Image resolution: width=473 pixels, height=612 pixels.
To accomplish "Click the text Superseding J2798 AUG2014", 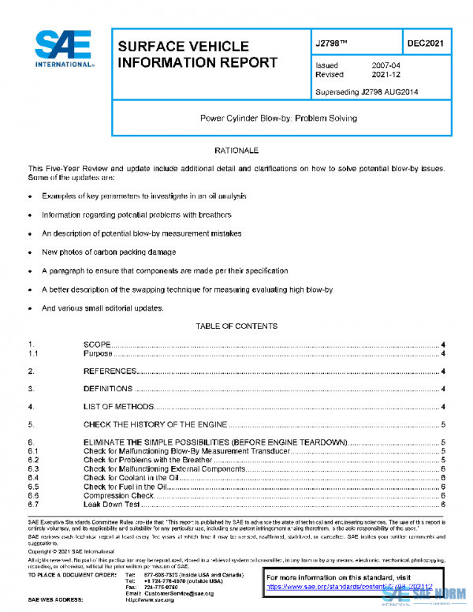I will pyautogui.click(x=367, y=92).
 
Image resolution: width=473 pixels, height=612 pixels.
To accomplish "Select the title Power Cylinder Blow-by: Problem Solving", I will pyautogui.click(x=279, y=118).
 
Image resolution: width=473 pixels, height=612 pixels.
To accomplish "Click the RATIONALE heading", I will pyautogui.click(x=236, y=150).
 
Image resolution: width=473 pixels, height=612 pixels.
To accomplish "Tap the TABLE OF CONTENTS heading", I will pyautogui.click(x=236, y=326).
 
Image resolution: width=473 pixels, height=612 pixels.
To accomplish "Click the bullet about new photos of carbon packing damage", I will pyautogui.click(x=109, y=252).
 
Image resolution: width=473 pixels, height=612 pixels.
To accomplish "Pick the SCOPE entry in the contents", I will pyautogui.click(x=97, y=345).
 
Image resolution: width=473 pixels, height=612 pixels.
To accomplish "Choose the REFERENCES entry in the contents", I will pyautogui.click(x=110, y=371).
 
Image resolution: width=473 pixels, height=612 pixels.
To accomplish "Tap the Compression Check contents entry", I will pyautogui.click(x=118, y=495).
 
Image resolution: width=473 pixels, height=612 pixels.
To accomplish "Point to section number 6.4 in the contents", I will pyautogui.click(x=33, y=478).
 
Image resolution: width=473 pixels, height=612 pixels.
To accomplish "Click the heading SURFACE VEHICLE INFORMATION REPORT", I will pyautogui.click(x=197, y=54).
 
